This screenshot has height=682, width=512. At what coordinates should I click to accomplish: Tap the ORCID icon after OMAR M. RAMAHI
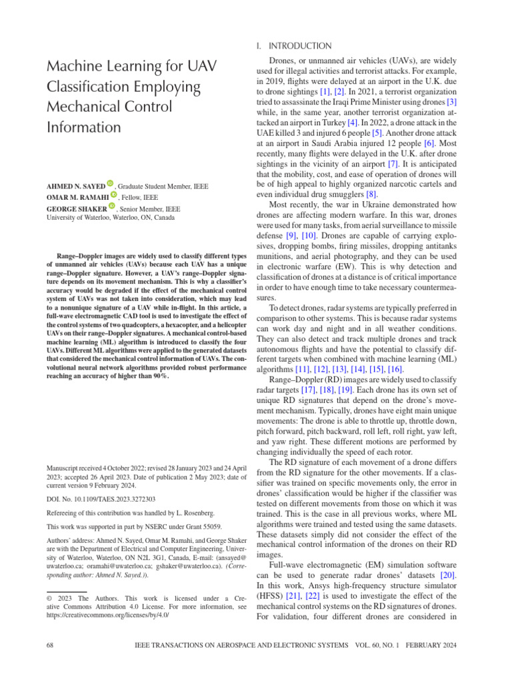click(x=113, y=195)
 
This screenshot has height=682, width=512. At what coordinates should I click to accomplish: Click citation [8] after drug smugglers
click(x=360, y=194)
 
